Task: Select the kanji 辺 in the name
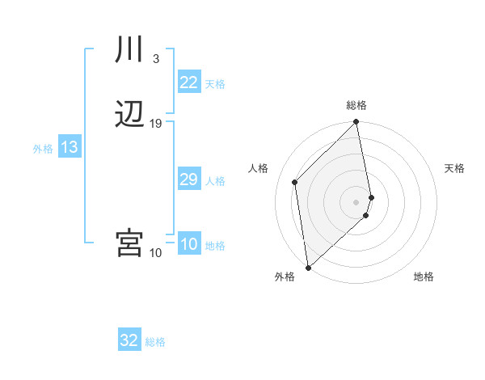coord(129,115)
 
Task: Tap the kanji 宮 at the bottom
coord(129,243)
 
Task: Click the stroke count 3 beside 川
coord(155,58)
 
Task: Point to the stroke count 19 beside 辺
coord(156,124)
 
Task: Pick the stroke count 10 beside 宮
coord(156,253)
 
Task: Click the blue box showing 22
coord(189,82)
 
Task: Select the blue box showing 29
coord(189,179)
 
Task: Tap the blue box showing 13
coord(70,147)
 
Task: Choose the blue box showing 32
coord(129,340)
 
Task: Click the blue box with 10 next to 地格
coord(189,244)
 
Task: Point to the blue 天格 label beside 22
coord(215,84)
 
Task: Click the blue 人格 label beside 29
coord(215,181)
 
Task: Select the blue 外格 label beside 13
coord(42,149)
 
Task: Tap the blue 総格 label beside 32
coord(155,342)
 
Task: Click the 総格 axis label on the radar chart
coord(356,105)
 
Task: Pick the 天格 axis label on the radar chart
coord(455,168)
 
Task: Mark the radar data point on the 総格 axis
coord(356,123)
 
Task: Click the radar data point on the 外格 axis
coord(308,267)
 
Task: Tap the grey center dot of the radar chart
coord(356,201)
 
